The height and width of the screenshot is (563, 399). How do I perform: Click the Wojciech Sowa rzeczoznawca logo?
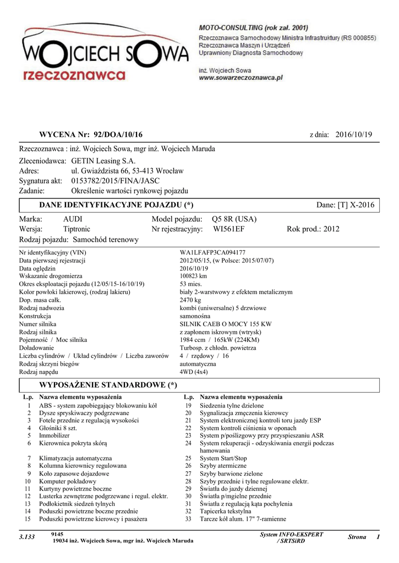(x=105, y=55)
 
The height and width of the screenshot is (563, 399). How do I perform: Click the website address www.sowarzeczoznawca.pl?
(x=240, y=78)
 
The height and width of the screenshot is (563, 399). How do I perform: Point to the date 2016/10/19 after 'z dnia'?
(x=354, y=135)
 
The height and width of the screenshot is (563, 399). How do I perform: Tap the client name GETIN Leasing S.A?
(x=103, y=161)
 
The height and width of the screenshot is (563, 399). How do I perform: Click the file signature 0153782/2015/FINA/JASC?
(x=116, y=181)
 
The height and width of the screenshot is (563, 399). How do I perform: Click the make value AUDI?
(x=73, y=219)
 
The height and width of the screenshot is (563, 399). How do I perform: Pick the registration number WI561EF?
(x=229, y=229)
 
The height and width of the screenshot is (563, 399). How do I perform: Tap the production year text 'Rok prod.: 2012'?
(x=313, y=229)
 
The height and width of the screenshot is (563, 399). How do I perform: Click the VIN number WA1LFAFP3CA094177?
(x=212, y=252)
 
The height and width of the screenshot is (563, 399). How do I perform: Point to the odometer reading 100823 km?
(x=193, y=276)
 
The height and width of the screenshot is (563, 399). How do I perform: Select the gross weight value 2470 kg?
(x=191, y=300)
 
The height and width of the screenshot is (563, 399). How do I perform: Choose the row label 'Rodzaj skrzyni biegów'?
(x=48, y=364)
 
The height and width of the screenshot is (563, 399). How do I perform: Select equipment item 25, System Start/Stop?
(x=223, y=458)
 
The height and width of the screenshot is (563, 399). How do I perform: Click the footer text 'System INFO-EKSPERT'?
(x=291, y=534)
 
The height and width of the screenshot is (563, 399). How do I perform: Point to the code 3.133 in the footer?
(x=27, y=537)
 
